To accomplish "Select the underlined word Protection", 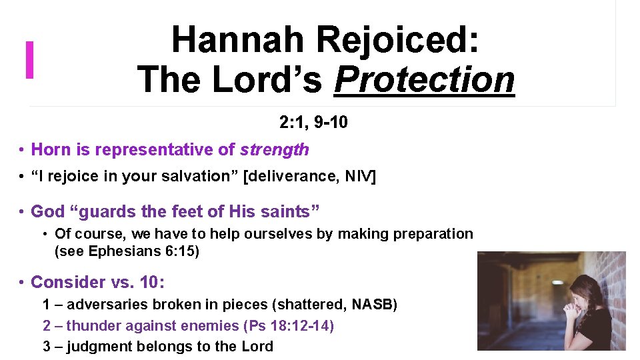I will [x=425, y=80].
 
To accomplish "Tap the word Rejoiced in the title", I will [x=397, y=39].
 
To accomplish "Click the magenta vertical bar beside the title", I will [x=29, y=60].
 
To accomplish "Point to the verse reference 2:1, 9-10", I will [x=313, y=123].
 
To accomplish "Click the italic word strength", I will [x=275, y=150].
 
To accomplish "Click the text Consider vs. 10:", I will [x=97, y=282].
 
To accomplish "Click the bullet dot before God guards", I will [x=22, y=212].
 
